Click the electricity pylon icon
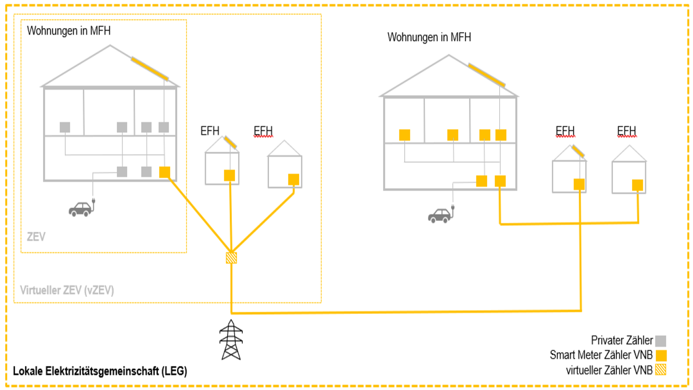point(231,340)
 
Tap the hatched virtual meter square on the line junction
point(231,257)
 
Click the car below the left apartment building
point(81,209)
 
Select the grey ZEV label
point(36,236)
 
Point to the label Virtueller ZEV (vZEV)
point(67,290)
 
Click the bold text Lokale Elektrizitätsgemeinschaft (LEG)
point(100,371)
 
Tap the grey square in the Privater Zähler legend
point(661,341)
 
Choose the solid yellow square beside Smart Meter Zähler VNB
point(661,356)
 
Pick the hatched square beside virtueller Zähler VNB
point(661,370)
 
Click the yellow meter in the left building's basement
point(165,172)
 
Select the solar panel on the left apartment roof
point(150,69)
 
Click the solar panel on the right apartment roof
point(487,75)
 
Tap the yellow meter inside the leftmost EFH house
point(229,175)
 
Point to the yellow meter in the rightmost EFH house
point(637,185)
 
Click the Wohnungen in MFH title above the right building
point(429,37)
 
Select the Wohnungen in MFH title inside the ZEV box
point(68,31)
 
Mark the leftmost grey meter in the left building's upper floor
point(65,127)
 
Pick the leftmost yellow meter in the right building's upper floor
point(405,135)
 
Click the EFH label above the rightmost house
point(626,131)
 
